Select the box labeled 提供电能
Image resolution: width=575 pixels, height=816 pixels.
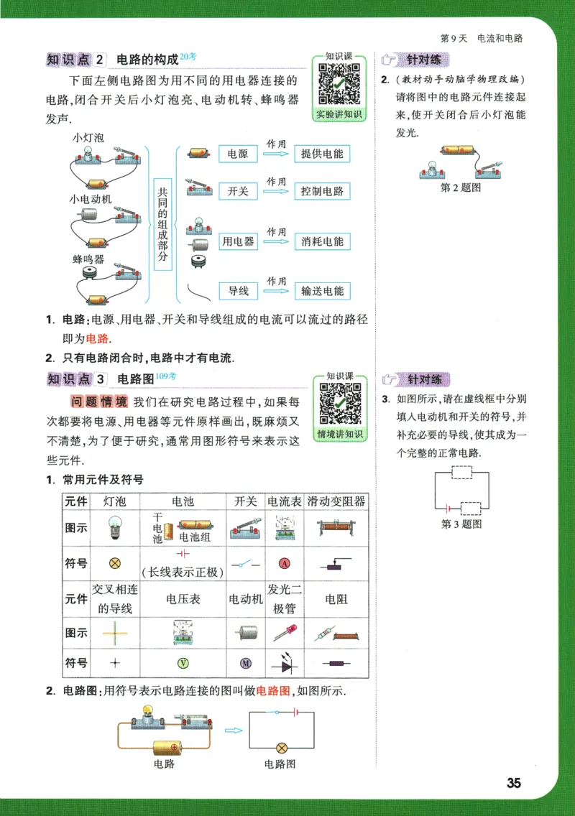[322, 154]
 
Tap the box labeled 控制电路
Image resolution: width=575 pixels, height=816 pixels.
[322, 191]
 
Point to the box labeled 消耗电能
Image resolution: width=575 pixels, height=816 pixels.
[322, 241]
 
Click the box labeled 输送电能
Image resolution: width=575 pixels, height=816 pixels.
[322, 291]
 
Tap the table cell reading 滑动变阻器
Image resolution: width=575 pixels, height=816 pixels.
[336, 501]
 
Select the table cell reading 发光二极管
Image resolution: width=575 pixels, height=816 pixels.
[285, 598]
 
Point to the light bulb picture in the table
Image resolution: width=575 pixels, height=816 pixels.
[114, 528]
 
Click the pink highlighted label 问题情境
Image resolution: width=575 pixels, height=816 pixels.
[100, 401]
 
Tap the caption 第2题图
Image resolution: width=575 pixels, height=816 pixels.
[461, 188]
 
